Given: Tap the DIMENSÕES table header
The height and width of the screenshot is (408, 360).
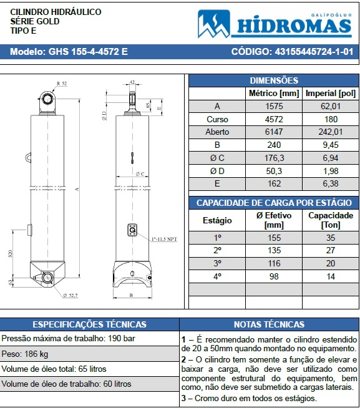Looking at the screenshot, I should coord(273,80).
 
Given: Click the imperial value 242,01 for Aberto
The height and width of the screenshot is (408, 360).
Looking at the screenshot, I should coord(330,132).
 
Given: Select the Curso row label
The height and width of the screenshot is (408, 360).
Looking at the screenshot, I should coord(217,119).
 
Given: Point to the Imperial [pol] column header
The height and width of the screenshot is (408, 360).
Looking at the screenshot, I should coord(330,94).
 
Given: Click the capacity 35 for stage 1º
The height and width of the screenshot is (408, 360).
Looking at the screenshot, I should coord(330,238).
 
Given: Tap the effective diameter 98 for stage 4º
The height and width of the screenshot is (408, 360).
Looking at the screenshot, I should coord(273,276).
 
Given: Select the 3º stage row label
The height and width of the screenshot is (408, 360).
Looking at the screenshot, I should coord(217,263).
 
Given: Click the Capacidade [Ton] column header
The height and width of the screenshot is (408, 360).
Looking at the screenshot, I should coord(330,220).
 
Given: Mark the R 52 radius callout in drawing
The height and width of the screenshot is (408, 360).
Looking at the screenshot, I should coord(62,83).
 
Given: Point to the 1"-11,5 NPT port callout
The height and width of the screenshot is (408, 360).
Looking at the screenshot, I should coord(163,238).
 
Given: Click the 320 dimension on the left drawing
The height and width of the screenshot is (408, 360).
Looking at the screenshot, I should coord(11,253).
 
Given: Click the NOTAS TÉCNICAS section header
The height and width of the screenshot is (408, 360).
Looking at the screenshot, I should coord(269,324).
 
